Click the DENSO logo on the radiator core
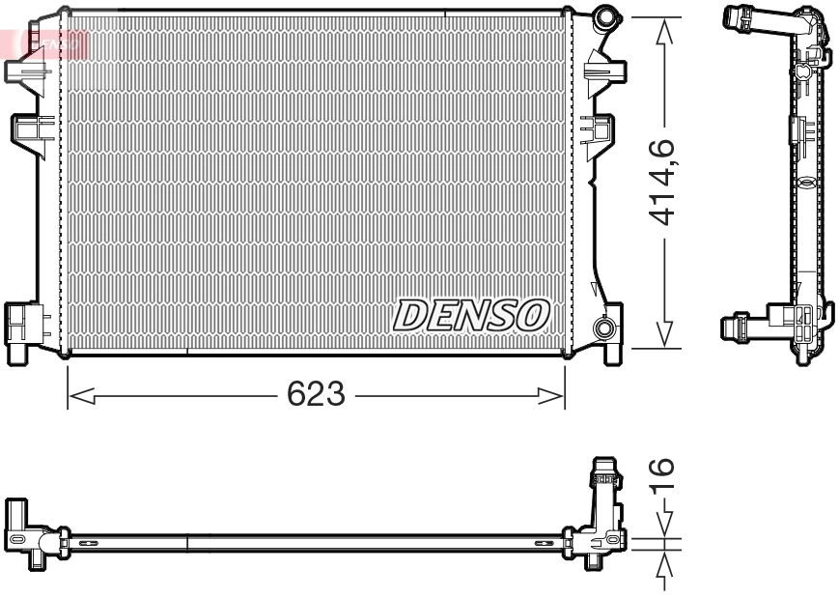(x=471, y=314)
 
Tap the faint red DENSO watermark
(x=54, y=42)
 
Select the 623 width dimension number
(x=316, y=394)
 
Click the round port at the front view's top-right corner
(x=605, y=16)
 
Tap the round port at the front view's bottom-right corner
(x=605, y=328)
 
